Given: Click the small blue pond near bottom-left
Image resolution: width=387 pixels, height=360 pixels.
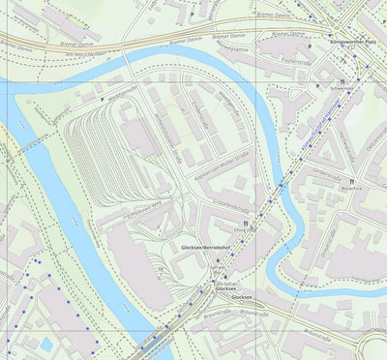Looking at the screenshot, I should click(45, 345).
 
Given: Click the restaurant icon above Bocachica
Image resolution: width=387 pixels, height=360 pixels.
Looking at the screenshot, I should click(354, 179).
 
